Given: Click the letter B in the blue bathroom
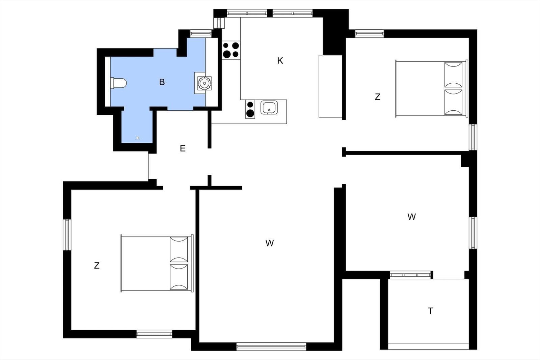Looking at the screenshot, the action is pos(162,82).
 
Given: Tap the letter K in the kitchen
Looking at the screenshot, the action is pos(280,61).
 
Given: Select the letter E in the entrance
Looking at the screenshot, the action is pos(183,148).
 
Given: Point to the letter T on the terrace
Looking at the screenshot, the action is pos(430,311).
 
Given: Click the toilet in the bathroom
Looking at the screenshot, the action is pos(118,83).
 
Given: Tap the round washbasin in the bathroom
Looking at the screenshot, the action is pos(205,83).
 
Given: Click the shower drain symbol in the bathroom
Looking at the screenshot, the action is pos(138,138).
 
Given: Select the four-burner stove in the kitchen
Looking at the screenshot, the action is pos(231,50).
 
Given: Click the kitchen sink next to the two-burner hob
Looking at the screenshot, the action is pos(269,108).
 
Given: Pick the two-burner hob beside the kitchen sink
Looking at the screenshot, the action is pos(250,109).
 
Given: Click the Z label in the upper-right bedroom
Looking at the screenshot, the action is pos(378,97).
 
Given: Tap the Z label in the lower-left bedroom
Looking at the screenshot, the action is pos(97,266).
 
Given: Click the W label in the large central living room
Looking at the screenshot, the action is pos(270,243).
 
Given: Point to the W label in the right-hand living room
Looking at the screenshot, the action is pos(411,217).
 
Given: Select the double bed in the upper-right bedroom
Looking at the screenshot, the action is pos(432,89).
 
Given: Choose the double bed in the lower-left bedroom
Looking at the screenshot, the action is pos(157,264).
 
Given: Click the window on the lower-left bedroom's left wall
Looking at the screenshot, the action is pos(67,235).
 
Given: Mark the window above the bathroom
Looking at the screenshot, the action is pos(201,33).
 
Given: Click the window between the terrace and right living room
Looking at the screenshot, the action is pos(410,275).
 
